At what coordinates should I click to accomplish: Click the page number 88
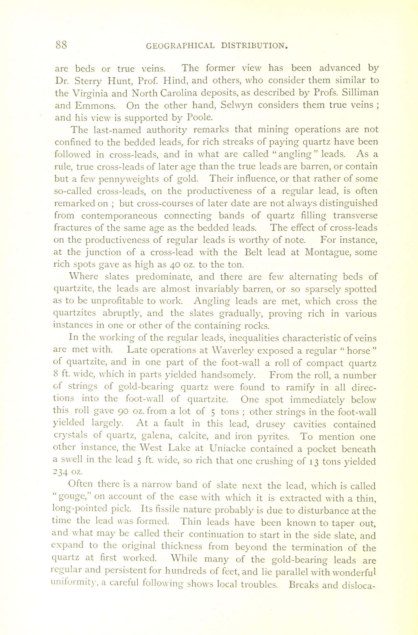[x=61, y=45]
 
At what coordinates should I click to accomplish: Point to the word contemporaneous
[x=119, y=215]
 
